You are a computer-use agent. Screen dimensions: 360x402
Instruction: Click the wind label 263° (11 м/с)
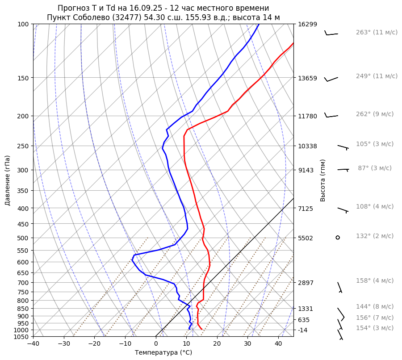click(377, 32)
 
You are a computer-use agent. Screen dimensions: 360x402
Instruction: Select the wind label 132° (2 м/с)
click(375, 236)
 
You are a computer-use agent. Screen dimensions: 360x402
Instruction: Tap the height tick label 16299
click(307, 24)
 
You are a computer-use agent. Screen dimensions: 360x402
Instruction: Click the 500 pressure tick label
click(24, 238)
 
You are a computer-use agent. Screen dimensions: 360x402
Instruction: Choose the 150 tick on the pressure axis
click(24, 78)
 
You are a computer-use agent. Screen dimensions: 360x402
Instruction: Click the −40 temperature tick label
click(33, 344)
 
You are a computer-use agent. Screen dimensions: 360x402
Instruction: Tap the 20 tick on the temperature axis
click(217, 344)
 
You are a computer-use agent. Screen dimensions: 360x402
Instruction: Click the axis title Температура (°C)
click(163, 352)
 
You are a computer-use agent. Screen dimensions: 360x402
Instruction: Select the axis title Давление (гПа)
click(8, 180)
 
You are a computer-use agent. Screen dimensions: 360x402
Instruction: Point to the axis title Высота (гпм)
click(323, 180)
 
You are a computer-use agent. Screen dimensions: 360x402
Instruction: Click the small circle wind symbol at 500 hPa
click(338, 237)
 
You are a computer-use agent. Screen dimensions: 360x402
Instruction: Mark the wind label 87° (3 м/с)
click(375, 168)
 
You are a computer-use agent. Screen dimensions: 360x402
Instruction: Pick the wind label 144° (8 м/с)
click(375, 306)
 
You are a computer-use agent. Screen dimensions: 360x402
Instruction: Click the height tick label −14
click(303, 330)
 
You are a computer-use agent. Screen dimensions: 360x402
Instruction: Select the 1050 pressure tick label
click(22, 337)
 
